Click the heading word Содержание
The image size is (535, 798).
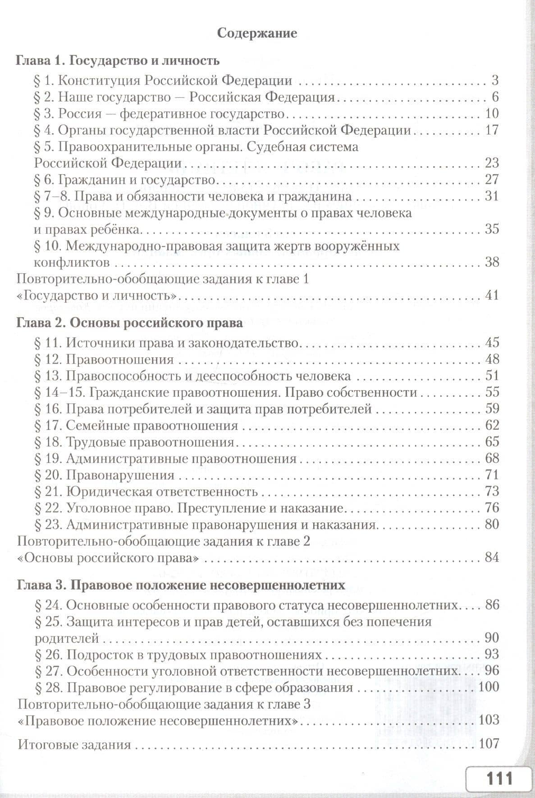257,33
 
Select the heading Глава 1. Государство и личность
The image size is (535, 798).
118,60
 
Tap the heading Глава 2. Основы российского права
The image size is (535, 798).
129,323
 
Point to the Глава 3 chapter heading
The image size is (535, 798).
181,586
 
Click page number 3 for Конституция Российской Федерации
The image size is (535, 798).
495,81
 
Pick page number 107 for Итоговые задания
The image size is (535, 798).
489,743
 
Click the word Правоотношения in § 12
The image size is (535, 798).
120,360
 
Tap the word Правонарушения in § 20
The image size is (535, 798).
120,475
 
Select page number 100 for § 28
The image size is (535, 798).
489,687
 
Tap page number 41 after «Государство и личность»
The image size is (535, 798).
492,295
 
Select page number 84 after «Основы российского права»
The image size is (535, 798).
492,558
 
